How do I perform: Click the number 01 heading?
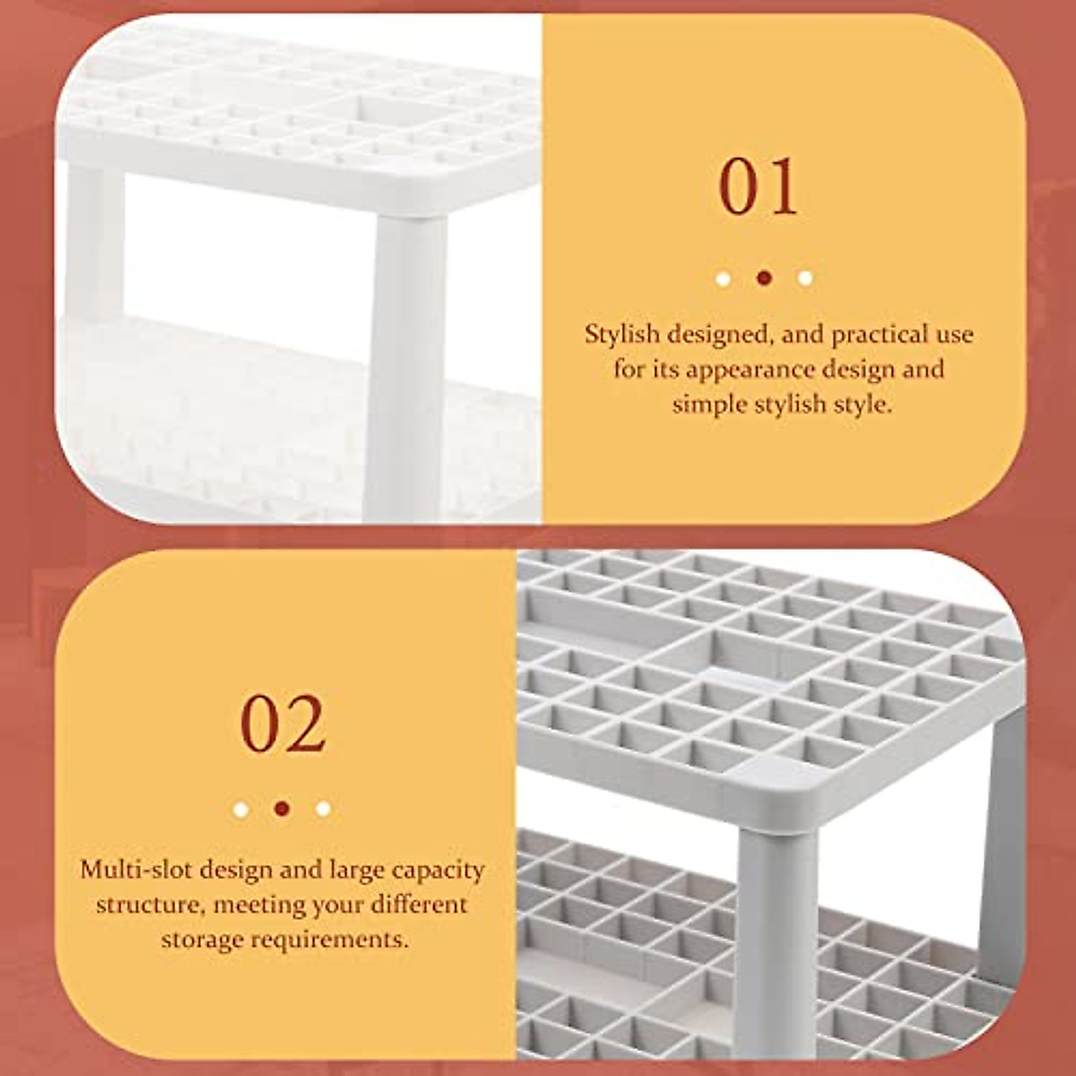tap(759, 187)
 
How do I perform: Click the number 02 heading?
tap(282, 724)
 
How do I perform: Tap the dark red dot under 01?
tap(764, 278)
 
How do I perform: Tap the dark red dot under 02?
tap(282, 809)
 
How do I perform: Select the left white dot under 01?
tap(723, 278)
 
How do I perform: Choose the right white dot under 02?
tap(323, 809)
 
